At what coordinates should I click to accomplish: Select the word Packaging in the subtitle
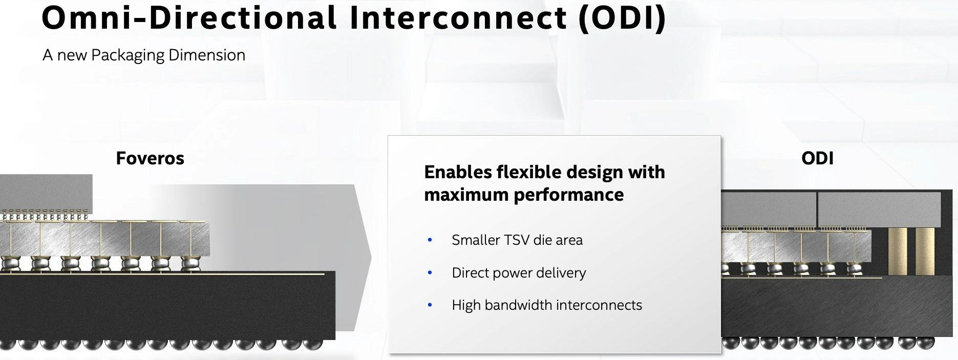[x=127, y=55]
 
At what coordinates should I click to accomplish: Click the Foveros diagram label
[x=150, y=158]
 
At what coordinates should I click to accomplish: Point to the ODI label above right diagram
[x=817, y=158]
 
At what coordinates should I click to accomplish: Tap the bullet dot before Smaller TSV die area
[x=430, y=240]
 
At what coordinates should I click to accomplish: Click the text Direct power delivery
[x=519, y=272]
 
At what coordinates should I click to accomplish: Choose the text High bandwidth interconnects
[x=546, y=305]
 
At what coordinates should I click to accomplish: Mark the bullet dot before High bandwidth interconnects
[x=430, y=305]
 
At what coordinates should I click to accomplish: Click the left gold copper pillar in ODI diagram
[x=897, y=251]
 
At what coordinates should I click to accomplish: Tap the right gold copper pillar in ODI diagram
[x=925, y=251]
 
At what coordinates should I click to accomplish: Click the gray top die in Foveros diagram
[x=46, y=192]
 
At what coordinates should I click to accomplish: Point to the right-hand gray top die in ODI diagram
[x=879, y=209]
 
